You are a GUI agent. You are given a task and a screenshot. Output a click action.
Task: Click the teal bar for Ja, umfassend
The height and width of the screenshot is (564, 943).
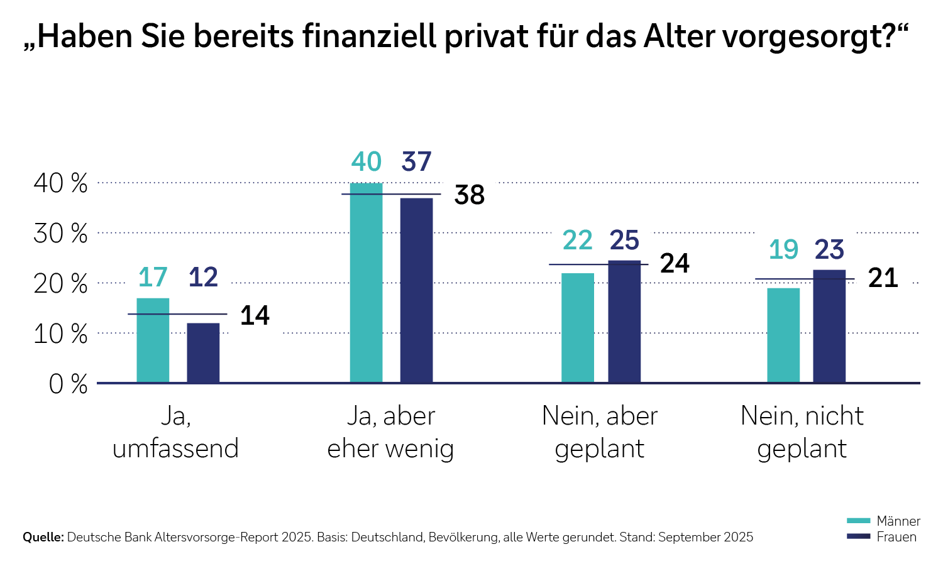click(x=153, y=340)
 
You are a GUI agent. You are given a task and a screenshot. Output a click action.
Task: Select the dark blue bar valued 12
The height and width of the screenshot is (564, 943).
click(x=203, y=352)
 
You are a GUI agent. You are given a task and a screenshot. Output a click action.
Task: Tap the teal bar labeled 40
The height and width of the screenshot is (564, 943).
click(x=366, y=283)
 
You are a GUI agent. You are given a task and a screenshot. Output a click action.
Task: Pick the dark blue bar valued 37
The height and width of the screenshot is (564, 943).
click(x=416, y=290)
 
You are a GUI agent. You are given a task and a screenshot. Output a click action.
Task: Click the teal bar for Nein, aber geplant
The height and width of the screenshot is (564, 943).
click(x=577, y=327)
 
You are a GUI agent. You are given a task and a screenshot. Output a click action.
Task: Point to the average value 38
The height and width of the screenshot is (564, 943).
click(x=470, y=195)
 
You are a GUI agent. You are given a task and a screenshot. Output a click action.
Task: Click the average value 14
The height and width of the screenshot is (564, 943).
click(x=255, y=315)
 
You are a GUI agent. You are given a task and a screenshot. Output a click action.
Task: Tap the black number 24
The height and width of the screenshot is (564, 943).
click(x=675, y=264)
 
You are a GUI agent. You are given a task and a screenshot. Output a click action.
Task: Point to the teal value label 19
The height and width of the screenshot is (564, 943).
click(x=783, y=250)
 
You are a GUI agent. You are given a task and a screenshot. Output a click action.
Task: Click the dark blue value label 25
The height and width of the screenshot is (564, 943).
click(x=624, y=241)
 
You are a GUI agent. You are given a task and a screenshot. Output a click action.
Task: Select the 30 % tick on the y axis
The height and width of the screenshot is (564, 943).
click(x=60, y=234)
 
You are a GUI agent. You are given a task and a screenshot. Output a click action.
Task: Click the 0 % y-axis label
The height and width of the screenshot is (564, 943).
click(x=68, y=384)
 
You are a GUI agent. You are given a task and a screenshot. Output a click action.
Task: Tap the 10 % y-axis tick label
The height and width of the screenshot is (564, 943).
click(x=60, y=334)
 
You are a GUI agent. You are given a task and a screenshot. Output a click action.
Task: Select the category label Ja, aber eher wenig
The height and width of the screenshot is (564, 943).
click(x=390, y=432)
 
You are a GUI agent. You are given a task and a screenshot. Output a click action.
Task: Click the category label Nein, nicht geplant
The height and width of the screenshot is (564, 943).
click(x=802, y=432)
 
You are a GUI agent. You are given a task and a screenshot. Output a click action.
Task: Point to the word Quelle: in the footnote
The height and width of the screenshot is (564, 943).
click(x=43, y=538)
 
